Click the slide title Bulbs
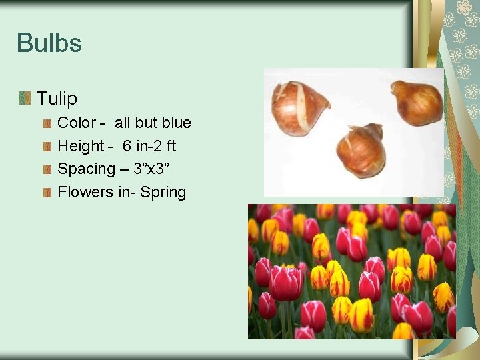49,44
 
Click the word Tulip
57,99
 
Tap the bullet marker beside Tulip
25,99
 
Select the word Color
77,123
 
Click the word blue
176,123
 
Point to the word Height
81,146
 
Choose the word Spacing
86,169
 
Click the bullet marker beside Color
47,123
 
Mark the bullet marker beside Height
47,146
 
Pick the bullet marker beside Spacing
47,169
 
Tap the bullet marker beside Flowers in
47,193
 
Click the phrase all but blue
153,123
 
